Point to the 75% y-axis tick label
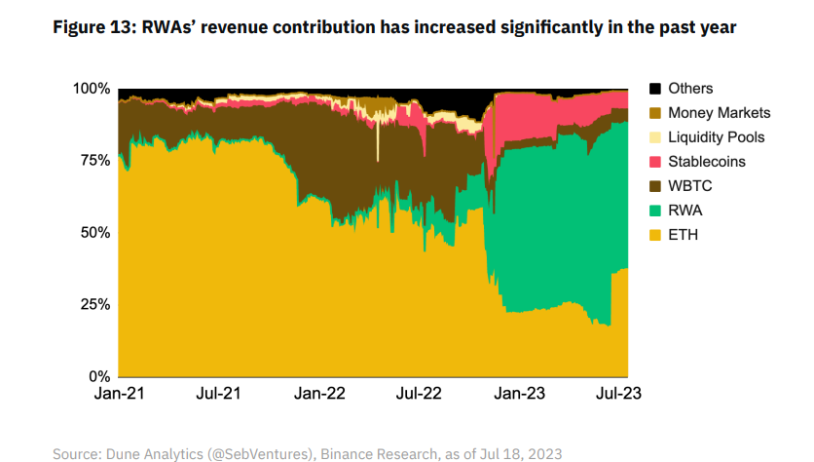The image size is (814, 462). click(92, 161)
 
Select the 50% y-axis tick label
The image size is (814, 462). click(92, 233)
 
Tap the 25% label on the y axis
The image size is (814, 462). click(92, 304)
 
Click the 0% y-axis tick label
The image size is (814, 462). click(98, 376)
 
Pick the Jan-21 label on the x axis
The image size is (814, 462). click(118, 395)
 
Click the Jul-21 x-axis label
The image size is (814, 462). click(218, 395)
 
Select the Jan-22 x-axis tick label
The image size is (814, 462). click(320, 395)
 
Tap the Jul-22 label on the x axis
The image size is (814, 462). click(421, 395)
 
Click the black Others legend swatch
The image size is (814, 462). click(653, 89)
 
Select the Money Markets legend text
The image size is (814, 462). click(720, 113)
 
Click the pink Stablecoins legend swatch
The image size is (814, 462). click(653, 162)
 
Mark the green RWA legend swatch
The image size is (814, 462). click(653, 211)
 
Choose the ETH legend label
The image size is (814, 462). click(684, 235)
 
